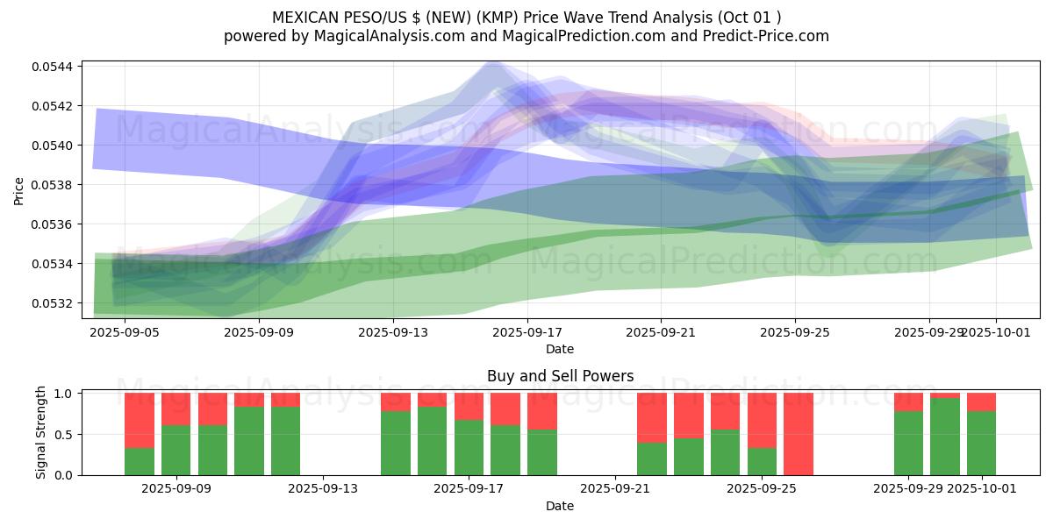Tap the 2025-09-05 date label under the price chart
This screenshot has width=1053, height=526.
coord(125,333)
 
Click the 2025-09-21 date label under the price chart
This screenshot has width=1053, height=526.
coord(661,333)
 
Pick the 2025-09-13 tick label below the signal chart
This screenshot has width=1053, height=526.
coord(323,489)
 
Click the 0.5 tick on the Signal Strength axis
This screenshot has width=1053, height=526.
coord(65,434)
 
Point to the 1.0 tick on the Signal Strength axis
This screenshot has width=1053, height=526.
coord(65,394)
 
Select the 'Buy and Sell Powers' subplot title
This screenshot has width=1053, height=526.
coord(560,376)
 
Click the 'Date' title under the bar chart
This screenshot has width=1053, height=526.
coord(560,506)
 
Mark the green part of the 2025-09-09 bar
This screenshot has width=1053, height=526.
coord(176,450)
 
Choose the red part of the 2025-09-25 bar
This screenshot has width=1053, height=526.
coord(762,420)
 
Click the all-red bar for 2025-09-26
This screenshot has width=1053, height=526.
coord(799,434)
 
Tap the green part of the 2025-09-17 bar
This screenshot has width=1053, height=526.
coord(469,447)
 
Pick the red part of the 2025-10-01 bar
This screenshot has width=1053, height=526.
coord(981,402)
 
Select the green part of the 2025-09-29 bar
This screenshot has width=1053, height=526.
coord(908,443)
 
